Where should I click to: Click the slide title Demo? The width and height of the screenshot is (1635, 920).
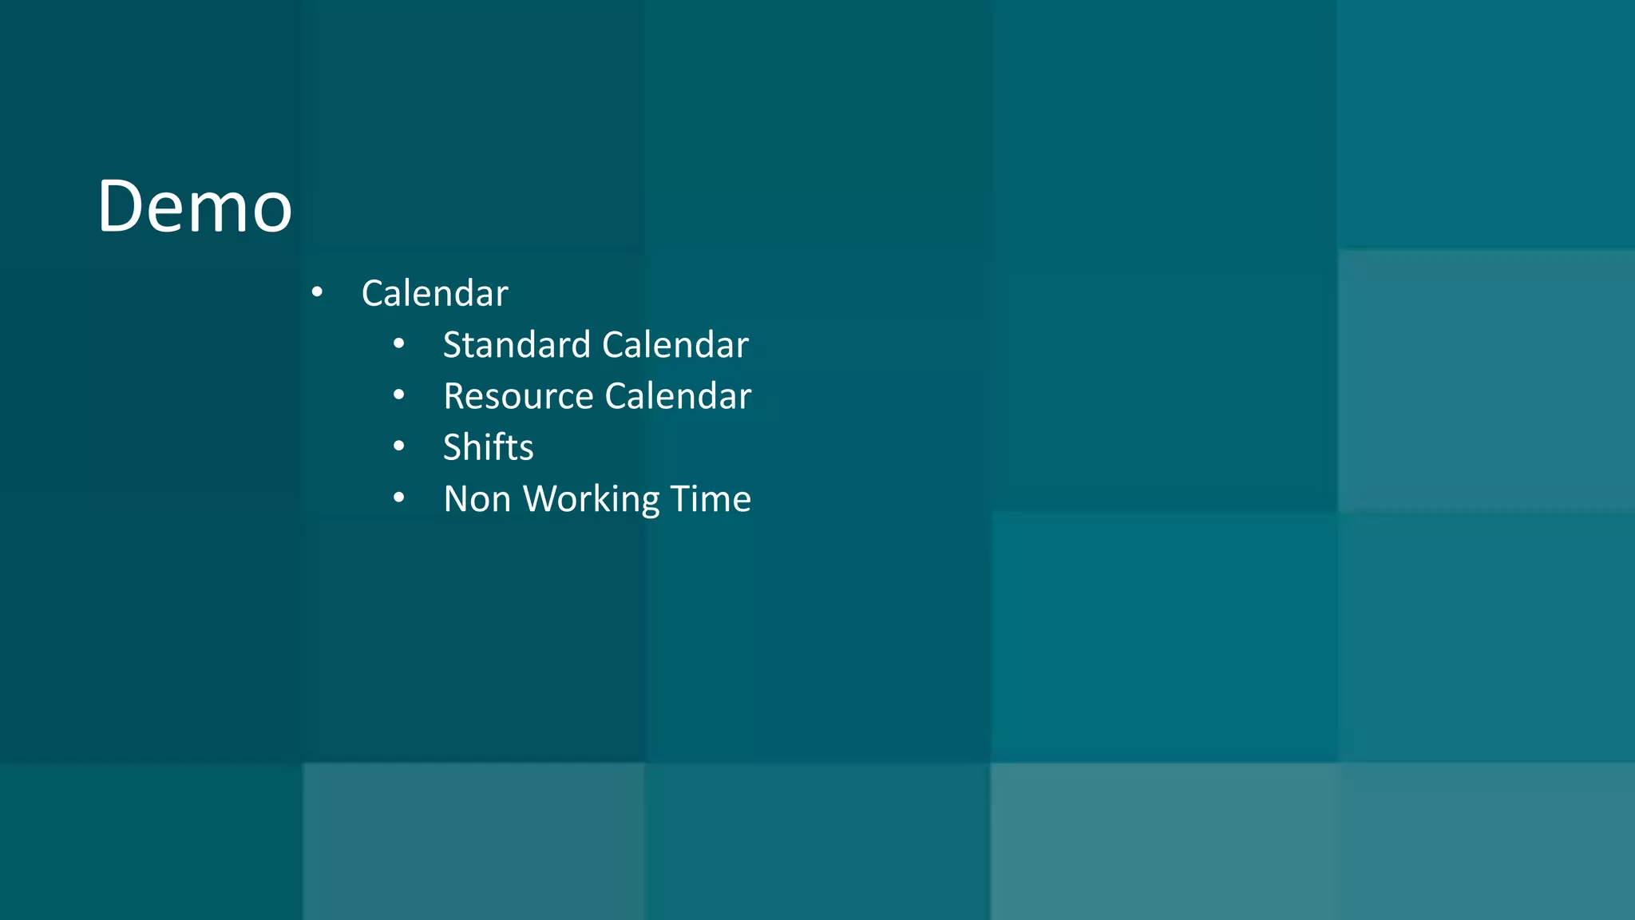195,207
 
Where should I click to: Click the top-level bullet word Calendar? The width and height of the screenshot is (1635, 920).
434,293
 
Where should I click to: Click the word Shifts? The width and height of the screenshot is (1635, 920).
488,447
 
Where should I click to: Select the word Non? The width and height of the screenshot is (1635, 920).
477,499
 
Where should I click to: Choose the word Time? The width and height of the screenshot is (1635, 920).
711,499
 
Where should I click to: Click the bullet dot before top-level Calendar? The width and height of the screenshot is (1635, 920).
317,293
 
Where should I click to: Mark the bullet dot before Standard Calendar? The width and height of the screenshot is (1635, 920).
399,345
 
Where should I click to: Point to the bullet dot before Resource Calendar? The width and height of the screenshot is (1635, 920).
399,396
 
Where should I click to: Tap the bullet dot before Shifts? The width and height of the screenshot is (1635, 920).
399,447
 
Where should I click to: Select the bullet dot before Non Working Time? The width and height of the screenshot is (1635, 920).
399,499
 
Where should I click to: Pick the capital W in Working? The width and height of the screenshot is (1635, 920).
543,499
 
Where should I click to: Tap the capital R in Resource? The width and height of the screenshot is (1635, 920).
454,396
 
